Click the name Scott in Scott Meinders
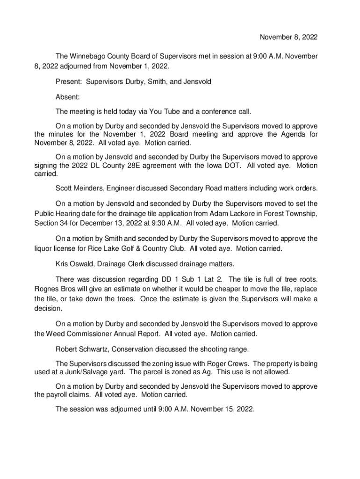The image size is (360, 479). [x=65, y=189]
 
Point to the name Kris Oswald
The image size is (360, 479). [x=74, y=264]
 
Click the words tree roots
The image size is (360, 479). [x=299, y=279]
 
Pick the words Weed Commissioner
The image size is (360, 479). [x=78, y=334]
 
